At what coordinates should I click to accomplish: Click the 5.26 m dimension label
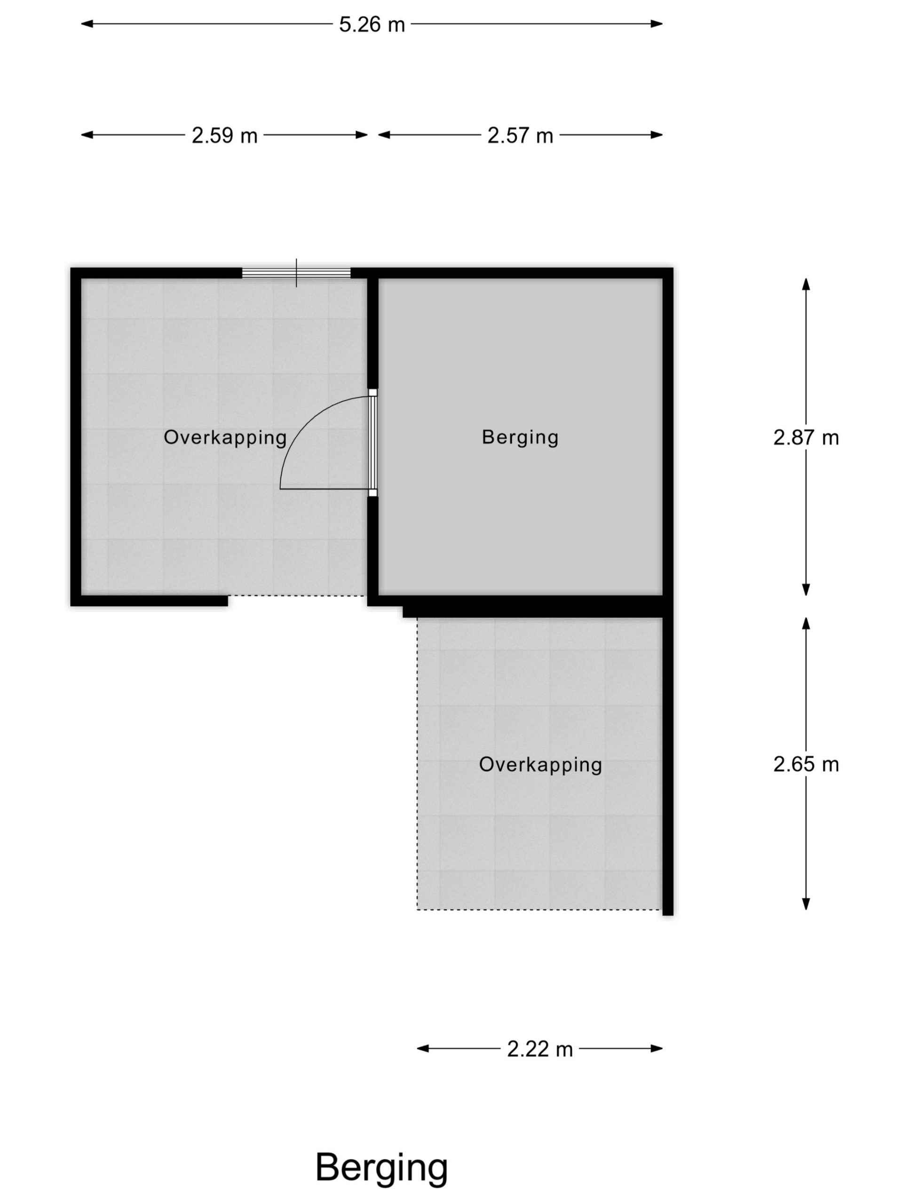[x=372, y=24]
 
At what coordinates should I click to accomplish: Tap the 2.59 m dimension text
[x=224, y=135]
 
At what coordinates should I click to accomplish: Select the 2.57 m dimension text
[x=520, y=135]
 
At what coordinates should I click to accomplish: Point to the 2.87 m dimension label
[x=806, y=437]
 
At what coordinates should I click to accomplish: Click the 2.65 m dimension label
[x=806, y=764]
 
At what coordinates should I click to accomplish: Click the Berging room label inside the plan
[x=520, y=437]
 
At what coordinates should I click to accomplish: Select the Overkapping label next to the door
[x=225, y=437]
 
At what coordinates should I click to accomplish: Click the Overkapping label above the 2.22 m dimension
[x=540, y=765]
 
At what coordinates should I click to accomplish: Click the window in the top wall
[x=296, y=273]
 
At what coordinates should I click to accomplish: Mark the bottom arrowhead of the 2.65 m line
[x=806, y=904]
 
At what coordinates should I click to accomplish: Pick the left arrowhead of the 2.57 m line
[x=384, y=135]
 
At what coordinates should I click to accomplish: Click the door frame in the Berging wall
[x=373, y=443]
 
